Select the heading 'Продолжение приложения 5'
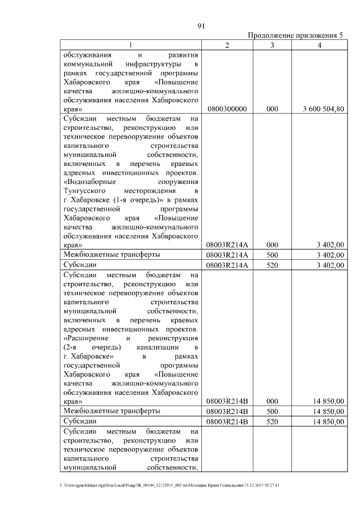pyautogui.click(x=295, y=35)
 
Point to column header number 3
pyautogui.click(x=272, y=45)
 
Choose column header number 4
pyautogui.click(x=319, y=45)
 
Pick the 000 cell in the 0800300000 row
pyautogui.click(x=272, y=109)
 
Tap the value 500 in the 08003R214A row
pyautogui.click(x=272, y=255)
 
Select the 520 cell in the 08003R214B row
pyautogui.click(x=272, y=421)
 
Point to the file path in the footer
pyautogui.click(x=169, y=485)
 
